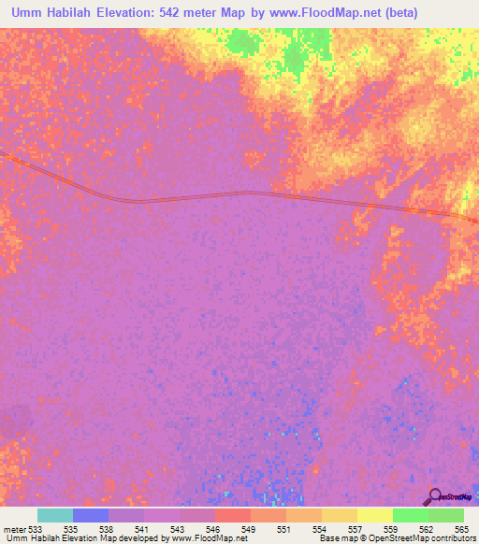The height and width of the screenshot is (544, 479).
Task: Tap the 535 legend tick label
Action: coord(72,529)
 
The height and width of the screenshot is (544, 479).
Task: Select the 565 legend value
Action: coord(461,529)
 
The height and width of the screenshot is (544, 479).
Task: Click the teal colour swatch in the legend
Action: coord(54,515)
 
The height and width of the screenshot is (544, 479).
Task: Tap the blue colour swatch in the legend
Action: coord(91,515)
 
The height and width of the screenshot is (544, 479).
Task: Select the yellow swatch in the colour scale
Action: coord(375,515)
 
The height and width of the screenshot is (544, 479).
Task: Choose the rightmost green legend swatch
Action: coord(446,515)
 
